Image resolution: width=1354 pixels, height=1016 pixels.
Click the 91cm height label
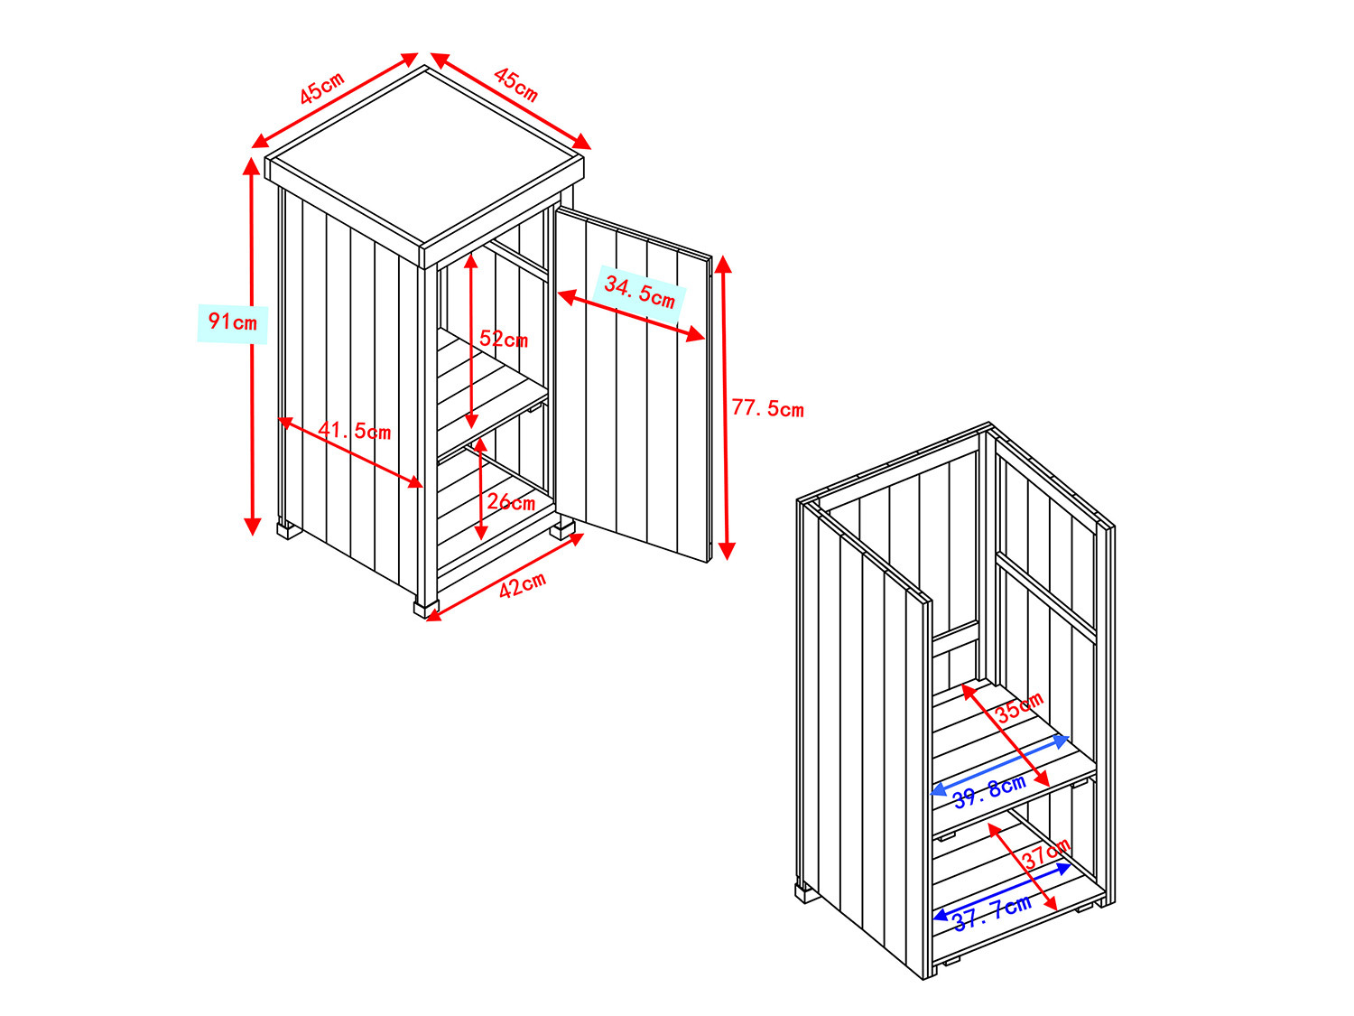click(232, 322)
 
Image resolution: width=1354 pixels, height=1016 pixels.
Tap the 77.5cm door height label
click(767, 408)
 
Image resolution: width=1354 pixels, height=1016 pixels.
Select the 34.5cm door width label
click(640, 293)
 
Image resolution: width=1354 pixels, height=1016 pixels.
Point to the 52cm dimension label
click(504, 339)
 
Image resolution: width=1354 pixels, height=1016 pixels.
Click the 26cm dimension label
click(511, 501)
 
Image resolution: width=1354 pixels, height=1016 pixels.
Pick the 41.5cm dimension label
click(354, 431)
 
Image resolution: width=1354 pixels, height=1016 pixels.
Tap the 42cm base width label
click(522, 585)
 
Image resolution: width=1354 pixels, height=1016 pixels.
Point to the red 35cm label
click(1019, 707)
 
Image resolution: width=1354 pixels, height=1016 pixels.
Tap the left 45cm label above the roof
click(321, 89)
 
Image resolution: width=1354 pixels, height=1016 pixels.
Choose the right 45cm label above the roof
click(515, 85)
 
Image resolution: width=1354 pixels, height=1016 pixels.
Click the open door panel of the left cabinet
click(634, 385)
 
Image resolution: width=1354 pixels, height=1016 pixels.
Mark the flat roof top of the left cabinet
click(424, 154)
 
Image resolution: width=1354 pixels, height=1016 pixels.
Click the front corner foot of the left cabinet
click(426, 610)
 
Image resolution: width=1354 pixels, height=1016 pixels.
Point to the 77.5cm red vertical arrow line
click(726, 408)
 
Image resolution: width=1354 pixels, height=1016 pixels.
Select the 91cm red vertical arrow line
click(252, 347)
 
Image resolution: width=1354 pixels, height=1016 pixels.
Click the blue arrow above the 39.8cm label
click(999, 765)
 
